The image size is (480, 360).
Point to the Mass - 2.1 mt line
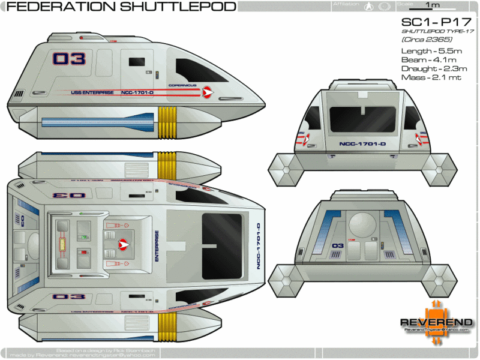click(431, 78)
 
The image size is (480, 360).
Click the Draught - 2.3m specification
click(431, 69)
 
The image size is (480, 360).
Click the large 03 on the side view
click(69, 59)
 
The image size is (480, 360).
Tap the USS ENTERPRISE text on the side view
click(88, 92)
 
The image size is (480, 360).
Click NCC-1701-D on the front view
click(362, 144)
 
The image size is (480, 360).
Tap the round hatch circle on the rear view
click(362, 223)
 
